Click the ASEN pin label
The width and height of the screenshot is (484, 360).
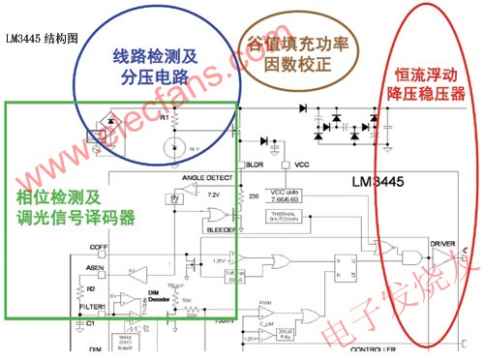click(x=95, y=267)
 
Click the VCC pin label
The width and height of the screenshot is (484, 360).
click(x=300, y=165)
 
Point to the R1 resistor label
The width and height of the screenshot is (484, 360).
click(x=165, y=116)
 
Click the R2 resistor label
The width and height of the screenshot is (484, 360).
click(x=90, y=288)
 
